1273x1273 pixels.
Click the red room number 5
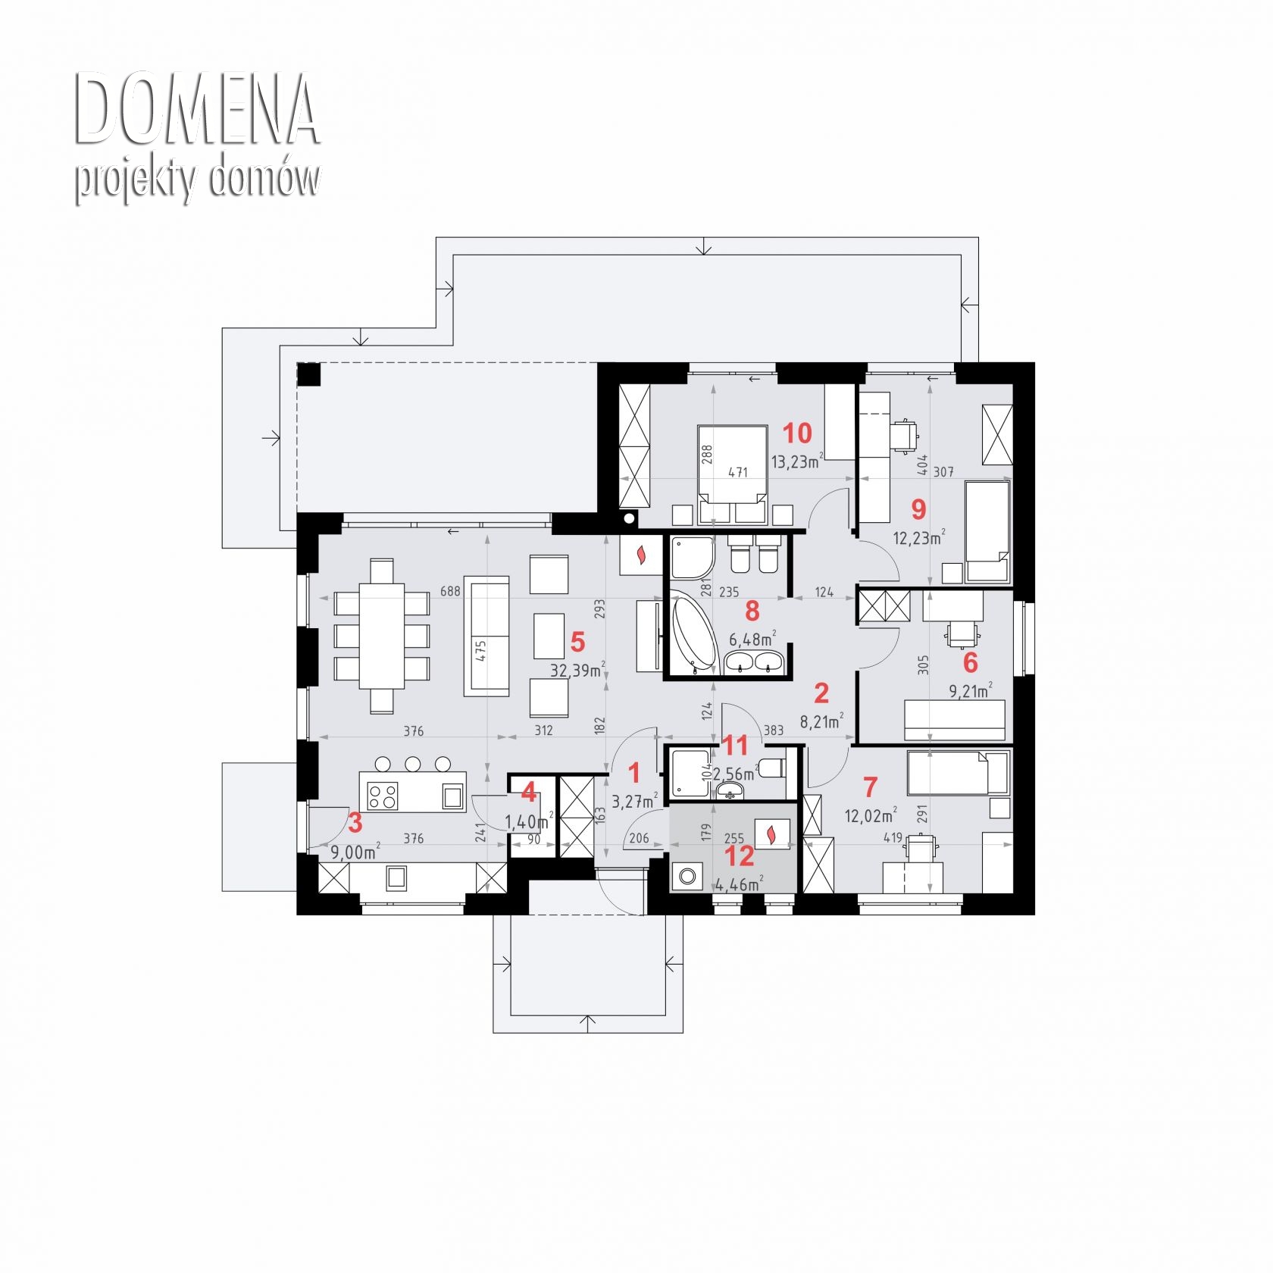[577, 643]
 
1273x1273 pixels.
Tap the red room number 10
[797, 433]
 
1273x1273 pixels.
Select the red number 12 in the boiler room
[740, 856]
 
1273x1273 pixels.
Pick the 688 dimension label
[450, 591]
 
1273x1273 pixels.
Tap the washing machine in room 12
[687, 877]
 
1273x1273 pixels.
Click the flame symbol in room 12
[771, 835]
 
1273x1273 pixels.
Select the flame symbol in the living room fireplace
[641, 555]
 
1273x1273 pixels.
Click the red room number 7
[870, 787]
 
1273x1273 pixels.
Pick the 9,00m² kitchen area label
[355, 852]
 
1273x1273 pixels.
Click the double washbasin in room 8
[753, 662]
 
